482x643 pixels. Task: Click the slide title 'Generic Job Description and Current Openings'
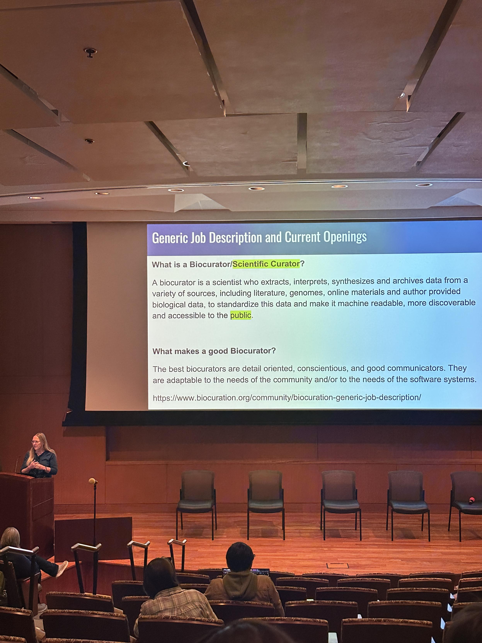[x=259, y=237]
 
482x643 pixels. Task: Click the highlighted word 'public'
[x=241, y=315]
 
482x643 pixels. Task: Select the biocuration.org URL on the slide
[x=287, y=397]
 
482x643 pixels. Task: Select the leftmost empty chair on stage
[x=197, y=504]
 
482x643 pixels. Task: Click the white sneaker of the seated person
[x=62, y=568]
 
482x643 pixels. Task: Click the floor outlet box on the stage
[x=337, y=566]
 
